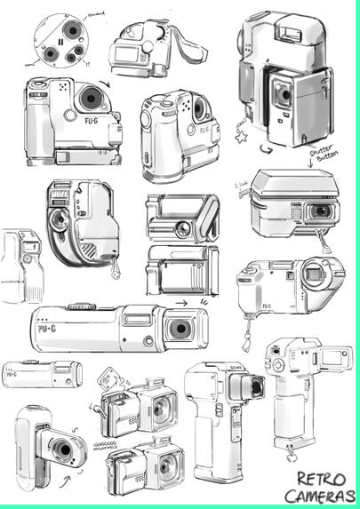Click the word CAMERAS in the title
point(319,497)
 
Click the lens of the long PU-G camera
point(180,329)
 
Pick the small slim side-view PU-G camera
point(40,374)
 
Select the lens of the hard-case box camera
point(317,211)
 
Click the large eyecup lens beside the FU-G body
point(316,273)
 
